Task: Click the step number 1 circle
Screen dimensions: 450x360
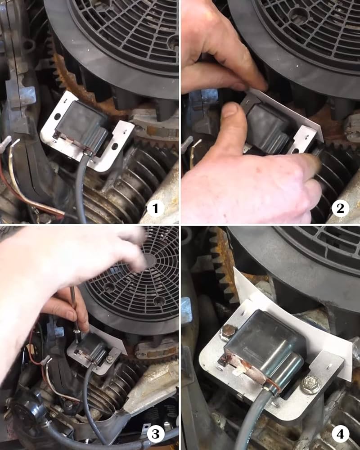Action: [156, 208]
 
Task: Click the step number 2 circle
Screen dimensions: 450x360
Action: [340, 208]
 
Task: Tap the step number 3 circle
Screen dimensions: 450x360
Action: [156, 434]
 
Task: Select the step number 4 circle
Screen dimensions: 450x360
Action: [340, 434]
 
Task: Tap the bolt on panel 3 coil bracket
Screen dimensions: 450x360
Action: [109, 359]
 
